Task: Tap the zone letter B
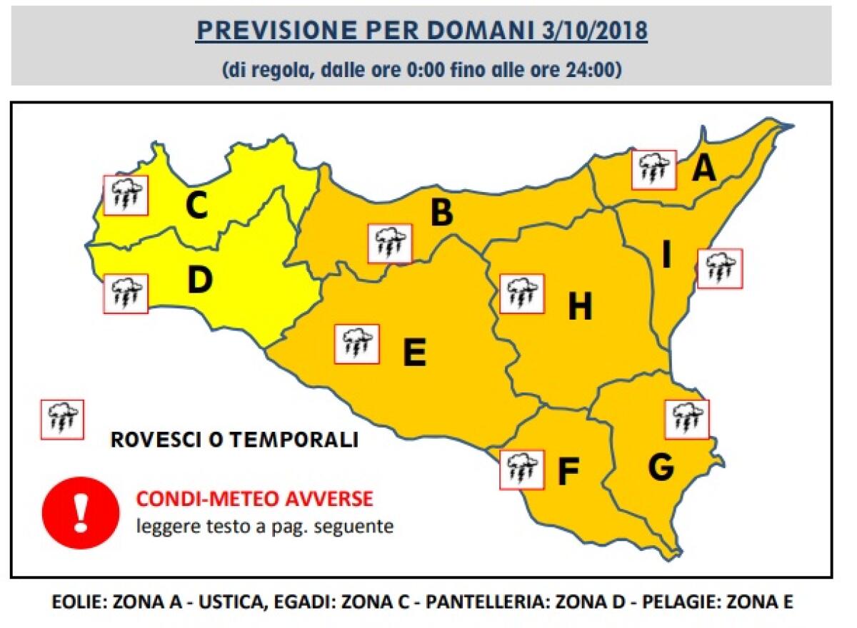coord(441,213)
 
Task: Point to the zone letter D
coord(200,280)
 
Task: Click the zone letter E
coord(414,353)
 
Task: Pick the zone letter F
coord(567,472)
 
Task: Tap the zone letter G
coord(661,467)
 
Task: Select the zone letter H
coord(580,307)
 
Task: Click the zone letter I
coord(666,255)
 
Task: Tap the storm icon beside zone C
coord(126,195)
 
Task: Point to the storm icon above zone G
coord(687,419)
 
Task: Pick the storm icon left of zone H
coord(521,293)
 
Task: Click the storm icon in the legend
coord(62,419)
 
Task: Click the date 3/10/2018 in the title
coord(591,31)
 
